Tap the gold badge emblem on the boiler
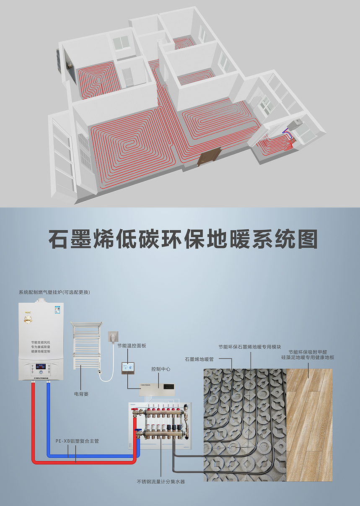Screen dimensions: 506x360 pyautogui.click(x=28, y=320)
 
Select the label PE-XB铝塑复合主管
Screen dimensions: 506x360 pyautogui.click(x=77, y=441)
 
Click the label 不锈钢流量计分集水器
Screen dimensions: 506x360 pyautogui.click(x=161, y=482)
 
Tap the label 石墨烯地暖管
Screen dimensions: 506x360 pyautogui.click(x=199, y=359)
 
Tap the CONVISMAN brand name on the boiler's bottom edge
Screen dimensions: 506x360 pyautogui.click(x=41, y=378)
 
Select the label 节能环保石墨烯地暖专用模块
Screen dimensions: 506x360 pyautogui.click(x=252, y=347)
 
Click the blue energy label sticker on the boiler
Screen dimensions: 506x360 pyautogui.click(x=57, y=310)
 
